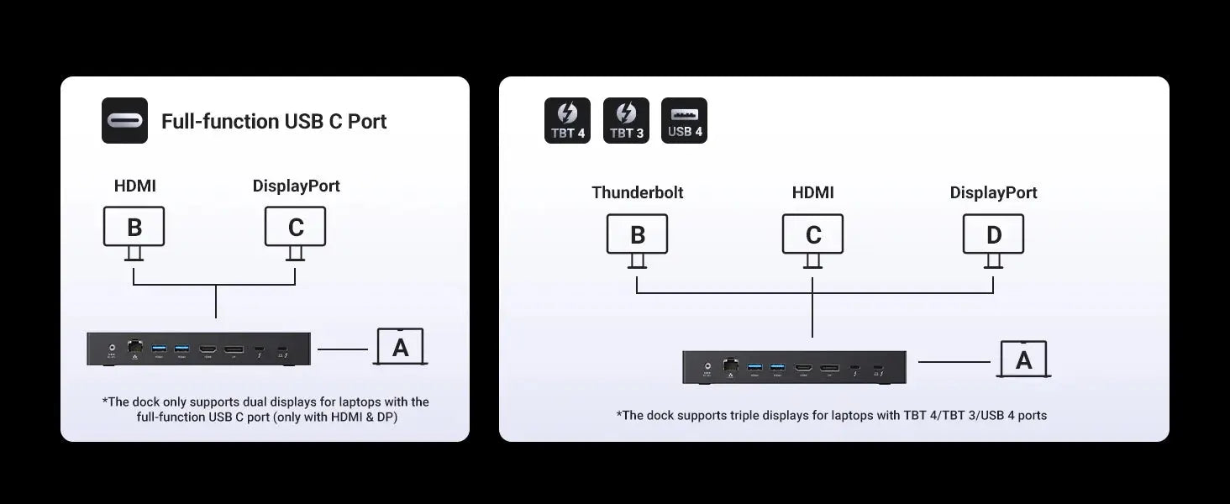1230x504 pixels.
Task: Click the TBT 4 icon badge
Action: click(567, 121)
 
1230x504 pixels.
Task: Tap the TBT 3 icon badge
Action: click(626, 121)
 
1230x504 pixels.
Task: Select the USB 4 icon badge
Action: click(685, 121)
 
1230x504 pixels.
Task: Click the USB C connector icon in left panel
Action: click(124, 121)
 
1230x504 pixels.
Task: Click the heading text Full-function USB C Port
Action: click(274, 121)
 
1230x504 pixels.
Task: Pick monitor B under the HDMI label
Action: click(134, 227)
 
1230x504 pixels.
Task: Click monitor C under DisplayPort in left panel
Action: click(295, 227)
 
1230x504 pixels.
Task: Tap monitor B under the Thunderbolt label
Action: click(638, 234)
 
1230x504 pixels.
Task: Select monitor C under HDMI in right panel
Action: click(812, 234)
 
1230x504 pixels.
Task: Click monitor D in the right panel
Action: click(993, 234)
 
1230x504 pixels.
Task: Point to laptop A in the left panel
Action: click(401, 347)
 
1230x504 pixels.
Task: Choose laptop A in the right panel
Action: click(1023, 360)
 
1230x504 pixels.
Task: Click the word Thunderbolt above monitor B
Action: click(638, 192)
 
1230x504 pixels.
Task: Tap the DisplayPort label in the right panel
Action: click(993, 192)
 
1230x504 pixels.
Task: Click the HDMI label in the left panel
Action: click(135, 186)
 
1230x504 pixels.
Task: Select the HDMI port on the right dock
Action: click(804, 367)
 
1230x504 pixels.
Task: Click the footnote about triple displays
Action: click(832, 415)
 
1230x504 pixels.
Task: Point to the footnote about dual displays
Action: click(265, 409)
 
